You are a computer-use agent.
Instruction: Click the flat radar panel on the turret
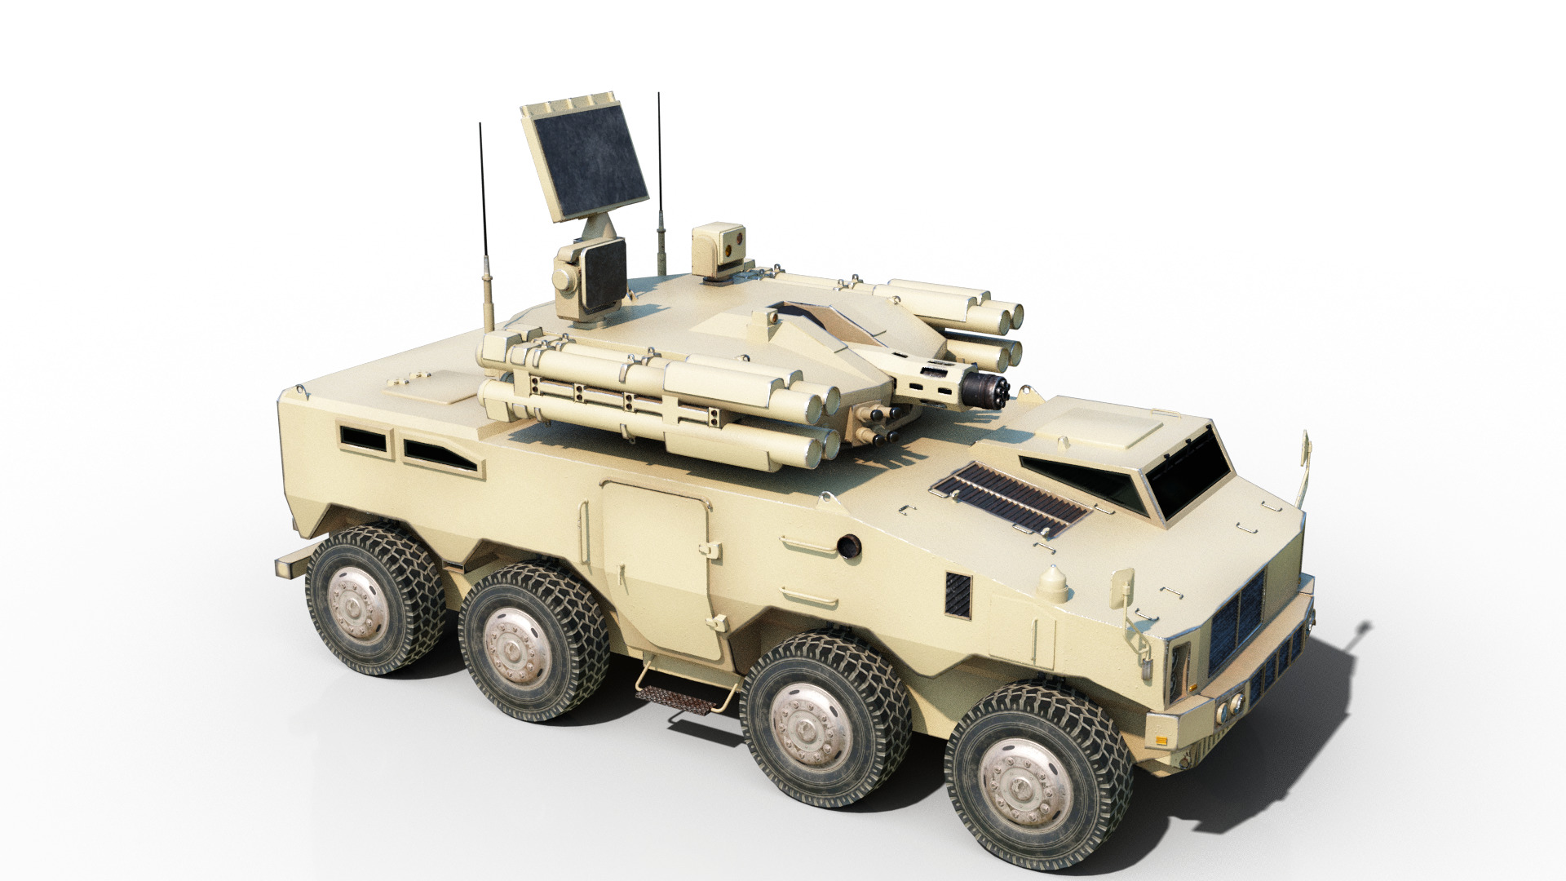[586, 156]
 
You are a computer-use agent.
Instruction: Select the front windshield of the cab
[1190, 472]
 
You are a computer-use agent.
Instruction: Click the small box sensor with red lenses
[719, 250]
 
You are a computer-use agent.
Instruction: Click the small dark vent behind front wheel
[958, 593]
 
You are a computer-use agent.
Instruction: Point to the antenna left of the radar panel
[484, 220]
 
